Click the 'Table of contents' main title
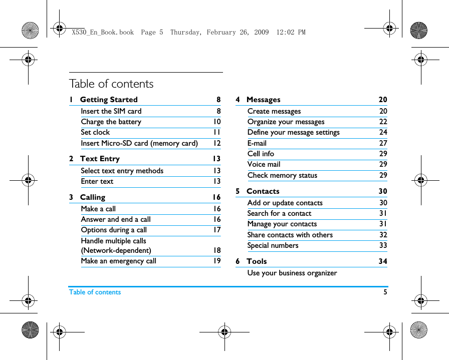tap(111, 84)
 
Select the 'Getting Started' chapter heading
tap(109, 100)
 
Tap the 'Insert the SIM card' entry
tap(111, 111)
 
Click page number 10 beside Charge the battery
tap(216, 122)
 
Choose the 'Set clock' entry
tap(95, 132)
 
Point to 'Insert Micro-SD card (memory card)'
tap(139, 143)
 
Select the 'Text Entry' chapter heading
tap(100, 159)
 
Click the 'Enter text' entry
tap(97, 181)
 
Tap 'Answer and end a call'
tap(116, 219)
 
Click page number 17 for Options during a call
tap(216, 230)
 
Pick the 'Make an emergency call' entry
tap(119, 261)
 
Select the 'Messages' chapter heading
tap(263, 100)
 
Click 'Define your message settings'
tap(294, 132)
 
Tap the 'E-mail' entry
tap(257, 143)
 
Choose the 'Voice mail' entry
tap(264, 164)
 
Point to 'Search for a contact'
tap(279, 213)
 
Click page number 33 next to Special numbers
tap(383, 245)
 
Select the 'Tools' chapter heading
tap(257, 261)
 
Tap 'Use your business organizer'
tap(292, 273)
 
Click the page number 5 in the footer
tap(385, 292)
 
